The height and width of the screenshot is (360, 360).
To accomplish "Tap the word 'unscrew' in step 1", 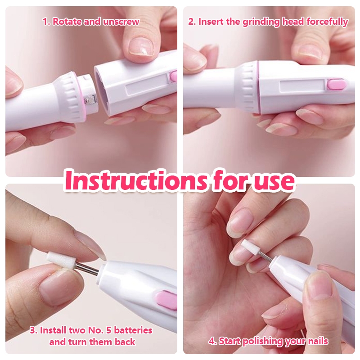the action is tap(121, 22).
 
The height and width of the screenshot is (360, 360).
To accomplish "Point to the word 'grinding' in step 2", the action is tap(261, 22).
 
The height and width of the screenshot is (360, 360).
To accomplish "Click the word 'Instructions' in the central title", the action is tap(136, 180).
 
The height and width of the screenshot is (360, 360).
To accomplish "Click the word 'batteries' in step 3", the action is tap(133, 330).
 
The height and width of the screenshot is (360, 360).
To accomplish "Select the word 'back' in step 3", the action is tap(125, 342).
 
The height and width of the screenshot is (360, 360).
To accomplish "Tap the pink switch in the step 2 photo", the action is tap(337, 84).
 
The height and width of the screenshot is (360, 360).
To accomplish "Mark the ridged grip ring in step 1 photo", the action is tap(74, 94).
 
